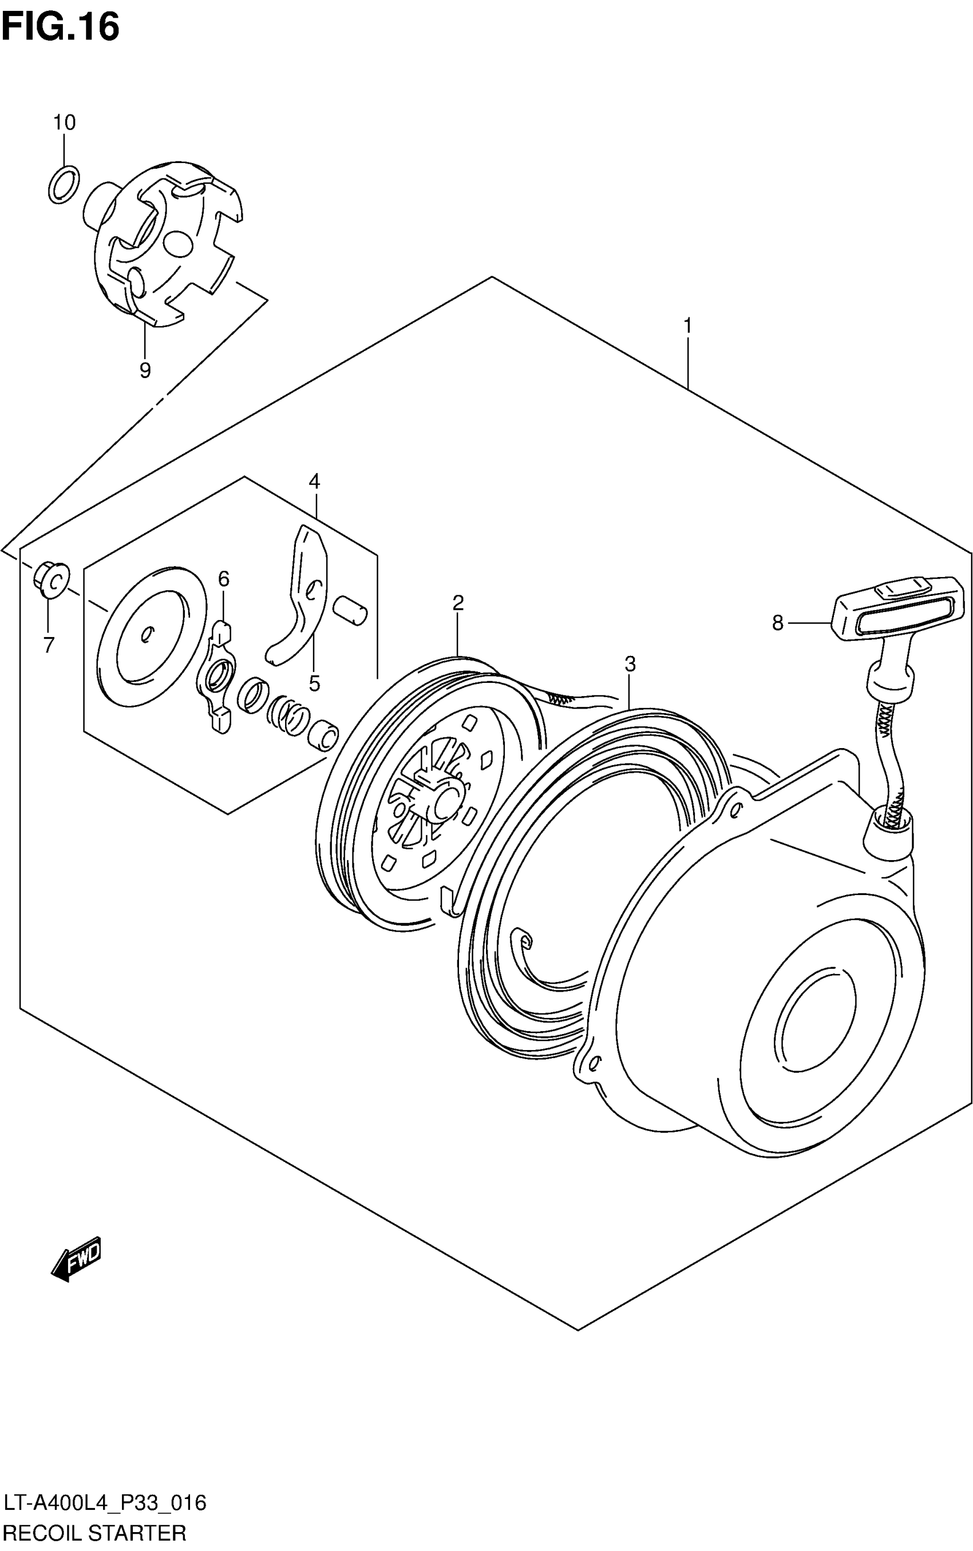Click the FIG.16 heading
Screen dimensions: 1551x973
click(61, 27)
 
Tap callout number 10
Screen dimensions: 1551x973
click(64, 122)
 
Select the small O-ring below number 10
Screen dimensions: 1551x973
click(64, 184)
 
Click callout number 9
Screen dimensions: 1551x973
click(145, 370)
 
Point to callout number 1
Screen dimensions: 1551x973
click(687, 326)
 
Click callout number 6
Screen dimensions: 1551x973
click(223, 579)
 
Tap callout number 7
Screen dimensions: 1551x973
click(49, 645)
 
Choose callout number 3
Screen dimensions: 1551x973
click(630, 663)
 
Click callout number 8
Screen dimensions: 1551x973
click(778, 622)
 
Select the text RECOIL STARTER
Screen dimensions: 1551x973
click(94, 1533)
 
